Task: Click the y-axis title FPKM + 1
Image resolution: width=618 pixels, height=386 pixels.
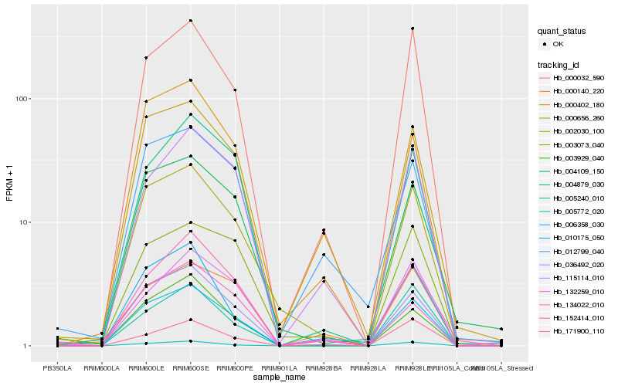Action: tap(9, 184)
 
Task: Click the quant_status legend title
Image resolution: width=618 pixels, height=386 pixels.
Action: tap(562, 31)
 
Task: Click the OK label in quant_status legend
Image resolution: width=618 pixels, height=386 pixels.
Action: tap(559, 44)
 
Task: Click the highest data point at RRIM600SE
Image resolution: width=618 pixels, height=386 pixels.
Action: tap(190, 21)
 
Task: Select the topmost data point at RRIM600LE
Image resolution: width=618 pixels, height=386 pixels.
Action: tap(145, 58)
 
